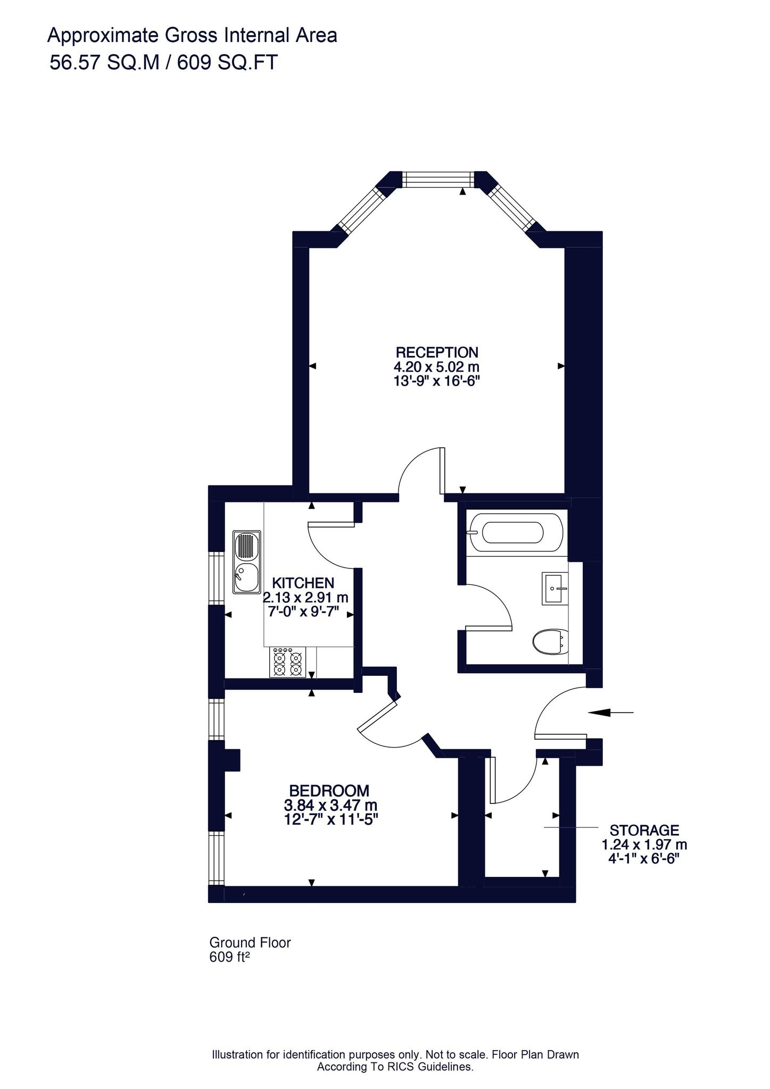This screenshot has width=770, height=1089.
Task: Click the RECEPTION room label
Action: point(436,352)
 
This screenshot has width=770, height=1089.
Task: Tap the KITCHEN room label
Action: point(303,583)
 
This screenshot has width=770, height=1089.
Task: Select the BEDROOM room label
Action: point(329,790)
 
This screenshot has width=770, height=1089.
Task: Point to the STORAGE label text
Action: point(644,830)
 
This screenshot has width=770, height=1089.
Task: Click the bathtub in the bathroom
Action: point(513,532)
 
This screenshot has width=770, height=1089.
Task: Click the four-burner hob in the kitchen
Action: point(288,661)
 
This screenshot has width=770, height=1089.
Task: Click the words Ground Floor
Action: point(250,943)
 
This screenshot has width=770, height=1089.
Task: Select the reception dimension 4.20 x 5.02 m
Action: point(436,366)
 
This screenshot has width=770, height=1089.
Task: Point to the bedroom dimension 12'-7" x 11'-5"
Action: point(331,819)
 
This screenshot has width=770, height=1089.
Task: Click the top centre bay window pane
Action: point(437,179)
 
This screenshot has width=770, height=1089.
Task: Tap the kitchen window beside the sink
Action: point(216,577)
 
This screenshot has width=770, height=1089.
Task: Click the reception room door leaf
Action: point(442,471)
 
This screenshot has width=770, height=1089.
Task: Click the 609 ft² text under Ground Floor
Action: point(229,957)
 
